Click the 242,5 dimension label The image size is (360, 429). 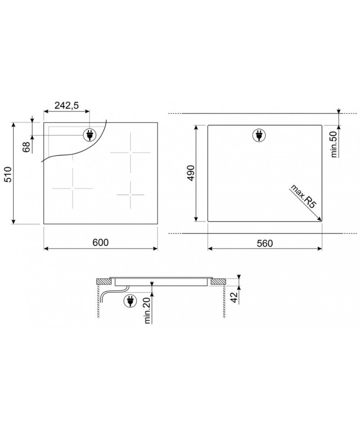pos(67,105)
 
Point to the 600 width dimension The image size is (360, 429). pos(101,242)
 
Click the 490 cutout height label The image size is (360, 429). pos(191,173)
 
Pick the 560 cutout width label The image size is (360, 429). pos(265,243)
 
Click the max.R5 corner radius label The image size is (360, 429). pos(303,197)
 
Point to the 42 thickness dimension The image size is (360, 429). pos(234,298)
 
